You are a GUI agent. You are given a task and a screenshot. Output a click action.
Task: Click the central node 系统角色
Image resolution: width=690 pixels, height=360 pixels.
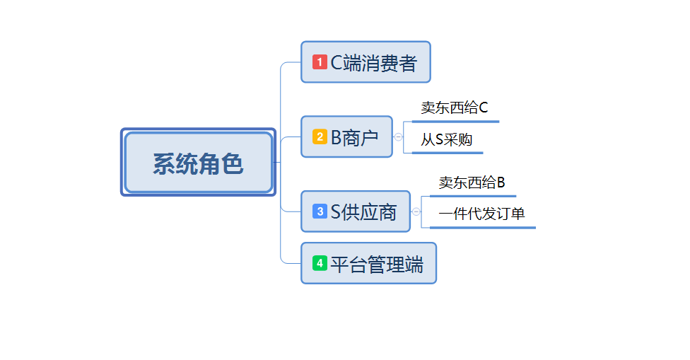pyautogui.click(x=198, y=163)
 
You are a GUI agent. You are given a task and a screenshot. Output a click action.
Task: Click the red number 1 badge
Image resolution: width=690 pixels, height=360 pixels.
pyautogui.click(x=320, y=62)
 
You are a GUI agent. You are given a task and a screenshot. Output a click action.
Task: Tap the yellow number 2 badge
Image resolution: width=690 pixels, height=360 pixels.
pyautogui.click(x=320, y=137)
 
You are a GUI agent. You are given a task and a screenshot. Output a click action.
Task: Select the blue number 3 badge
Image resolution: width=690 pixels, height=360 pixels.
pyautogui.click(x=320, y=211)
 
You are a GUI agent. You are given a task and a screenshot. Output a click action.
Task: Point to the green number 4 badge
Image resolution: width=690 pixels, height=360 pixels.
pyautogui.click(x=320, y=263)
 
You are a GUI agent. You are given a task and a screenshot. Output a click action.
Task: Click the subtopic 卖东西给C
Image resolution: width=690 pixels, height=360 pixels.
pyautogui.click(x=455, y=108)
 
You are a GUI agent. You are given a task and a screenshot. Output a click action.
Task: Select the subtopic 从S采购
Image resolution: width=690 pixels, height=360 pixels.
pyautogui.click(x=447, y=139)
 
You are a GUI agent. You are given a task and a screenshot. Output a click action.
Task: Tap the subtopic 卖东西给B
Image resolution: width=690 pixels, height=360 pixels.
pyautogui.click(x=472, y=182)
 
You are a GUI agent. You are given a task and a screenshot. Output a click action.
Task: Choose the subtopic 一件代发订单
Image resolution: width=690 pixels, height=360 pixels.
pyautogui.click(x=481, y=214)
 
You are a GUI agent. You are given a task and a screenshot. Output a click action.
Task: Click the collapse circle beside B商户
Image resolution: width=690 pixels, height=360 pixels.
pyautogui.click(x=399, y=137)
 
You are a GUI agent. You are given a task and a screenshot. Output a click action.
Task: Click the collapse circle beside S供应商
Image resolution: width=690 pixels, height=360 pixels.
pyautogui.click(x=416, y=211)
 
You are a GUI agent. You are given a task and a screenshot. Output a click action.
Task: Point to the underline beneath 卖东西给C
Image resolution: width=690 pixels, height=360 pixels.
pyautogui.click(x=455, y=122)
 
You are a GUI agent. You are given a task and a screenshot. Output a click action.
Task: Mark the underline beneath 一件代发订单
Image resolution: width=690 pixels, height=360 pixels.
pyautogui.click(x=482, y=228)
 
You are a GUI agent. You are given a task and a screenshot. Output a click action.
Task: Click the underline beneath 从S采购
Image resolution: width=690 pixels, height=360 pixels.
pyautogui.click(x=448, y=153)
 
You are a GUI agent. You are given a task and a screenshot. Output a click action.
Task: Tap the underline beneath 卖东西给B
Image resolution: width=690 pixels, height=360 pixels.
pyautogui.click(x=472, y=196)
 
